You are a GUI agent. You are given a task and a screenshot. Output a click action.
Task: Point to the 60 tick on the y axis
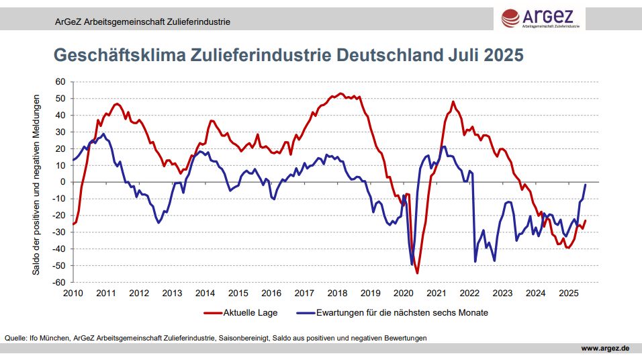60,81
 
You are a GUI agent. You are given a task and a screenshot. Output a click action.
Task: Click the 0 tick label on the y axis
62,182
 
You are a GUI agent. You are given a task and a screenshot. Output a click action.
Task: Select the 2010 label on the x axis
73,293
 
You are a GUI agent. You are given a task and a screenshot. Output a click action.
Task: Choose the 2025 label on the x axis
568,293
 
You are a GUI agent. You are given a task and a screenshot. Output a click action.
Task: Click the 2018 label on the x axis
337,293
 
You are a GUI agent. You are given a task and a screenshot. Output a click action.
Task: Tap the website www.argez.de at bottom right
604,348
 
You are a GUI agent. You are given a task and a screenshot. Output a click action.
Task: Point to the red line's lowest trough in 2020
417,273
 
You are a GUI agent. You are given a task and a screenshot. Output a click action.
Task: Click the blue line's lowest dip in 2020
412,264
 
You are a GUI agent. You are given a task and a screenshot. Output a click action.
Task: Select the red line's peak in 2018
340,93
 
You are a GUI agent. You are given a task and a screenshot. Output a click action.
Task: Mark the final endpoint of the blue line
586,185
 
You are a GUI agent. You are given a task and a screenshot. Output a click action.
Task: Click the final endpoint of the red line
586,220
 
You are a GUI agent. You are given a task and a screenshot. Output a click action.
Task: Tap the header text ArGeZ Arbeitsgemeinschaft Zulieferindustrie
142,21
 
